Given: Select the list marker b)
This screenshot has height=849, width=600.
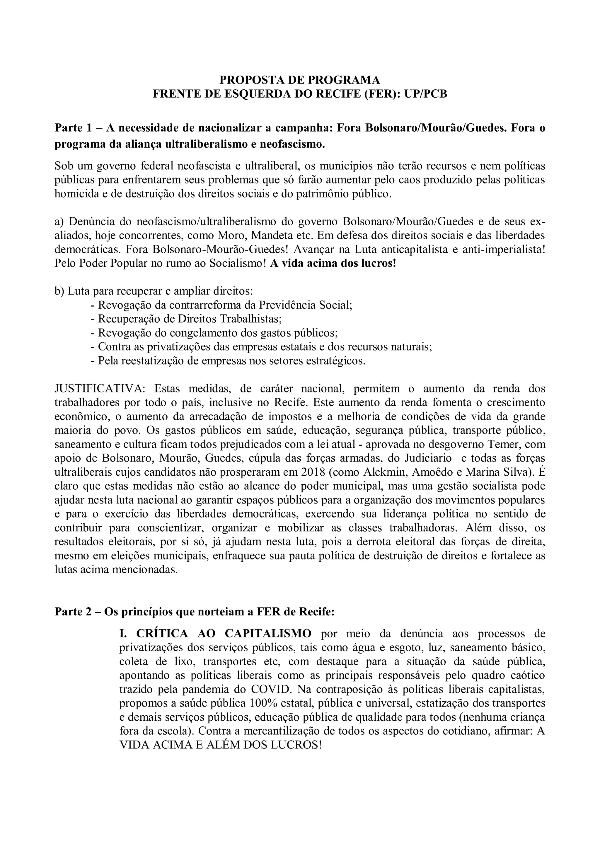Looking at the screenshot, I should [59, 291].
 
